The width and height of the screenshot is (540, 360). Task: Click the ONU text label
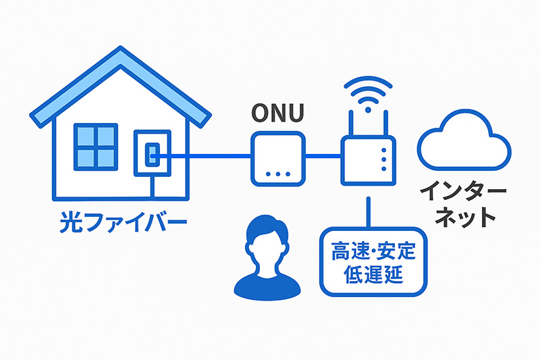pos(277,112)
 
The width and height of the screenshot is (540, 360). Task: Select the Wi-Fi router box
pos(367,159)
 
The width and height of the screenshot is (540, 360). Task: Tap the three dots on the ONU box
pos(278,174)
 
